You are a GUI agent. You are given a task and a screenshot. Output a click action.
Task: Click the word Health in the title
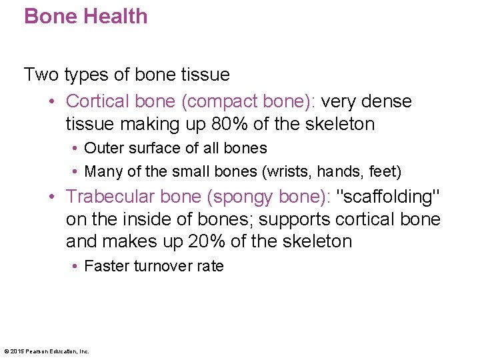[x=114, y=16]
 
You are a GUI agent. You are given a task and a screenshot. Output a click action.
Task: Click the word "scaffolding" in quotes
[x=387, y=196]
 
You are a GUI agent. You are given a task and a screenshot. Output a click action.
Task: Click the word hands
[x=338, y=171]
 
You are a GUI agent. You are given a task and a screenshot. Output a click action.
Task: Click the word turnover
[x=163, y=266]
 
